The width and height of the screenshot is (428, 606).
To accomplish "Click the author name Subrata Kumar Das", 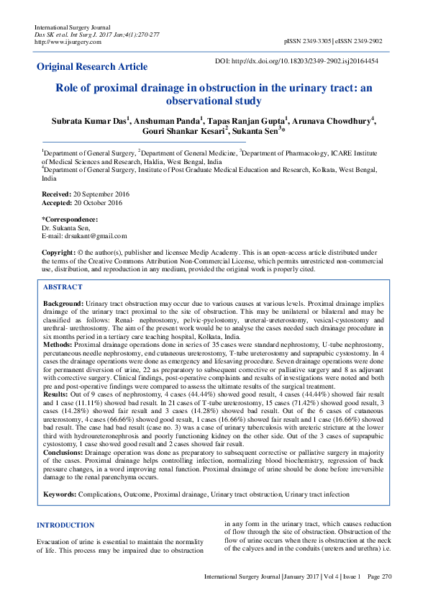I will (x=87, y=121).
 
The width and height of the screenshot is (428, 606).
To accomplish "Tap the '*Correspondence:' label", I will (x=70, y=219).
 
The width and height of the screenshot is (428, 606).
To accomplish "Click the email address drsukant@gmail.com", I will (x=95, y=235).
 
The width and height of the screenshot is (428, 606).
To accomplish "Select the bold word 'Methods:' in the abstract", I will (x=58, y=345).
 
